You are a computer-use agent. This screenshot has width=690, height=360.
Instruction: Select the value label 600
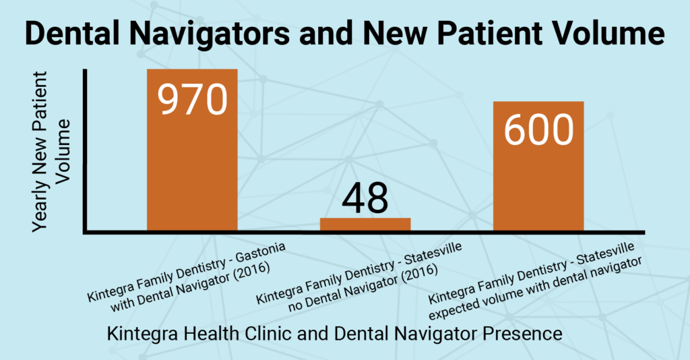538,130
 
